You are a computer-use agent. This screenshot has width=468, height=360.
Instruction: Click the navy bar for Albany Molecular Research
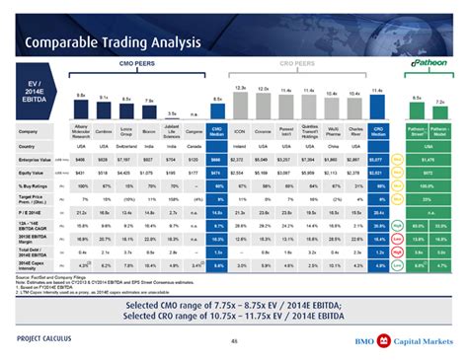coord(82,108)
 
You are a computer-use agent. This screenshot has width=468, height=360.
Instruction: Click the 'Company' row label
coord(30,132)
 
